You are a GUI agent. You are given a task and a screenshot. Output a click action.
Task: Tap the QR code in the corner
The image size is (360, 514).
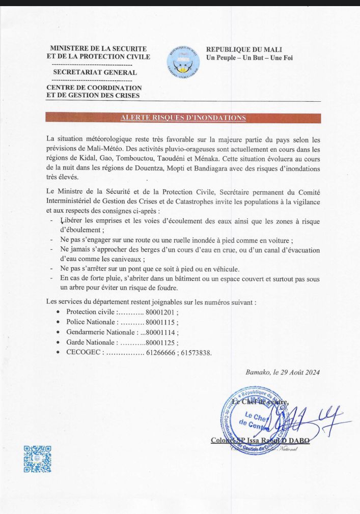click(37, 459)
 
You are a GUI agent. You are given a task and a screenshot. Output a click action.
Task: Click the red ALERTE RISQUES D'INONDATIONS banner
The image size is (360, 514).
click(183, 118)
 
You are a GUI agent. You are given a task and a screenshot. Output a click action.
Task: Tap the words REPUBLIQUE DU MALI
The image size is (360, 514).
click(242, 49)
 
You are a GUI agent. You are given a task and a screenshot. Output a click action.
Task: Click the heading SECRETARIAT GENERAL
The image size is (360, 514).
click(95, 72)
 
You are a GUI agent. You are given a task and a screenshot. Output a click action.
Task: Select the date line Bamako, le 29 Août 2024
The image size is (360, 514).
click(283, 372)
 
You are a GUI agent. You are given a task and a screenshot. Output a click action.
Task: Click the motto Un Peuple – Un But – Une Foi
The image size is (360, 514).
click(249, 58)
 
